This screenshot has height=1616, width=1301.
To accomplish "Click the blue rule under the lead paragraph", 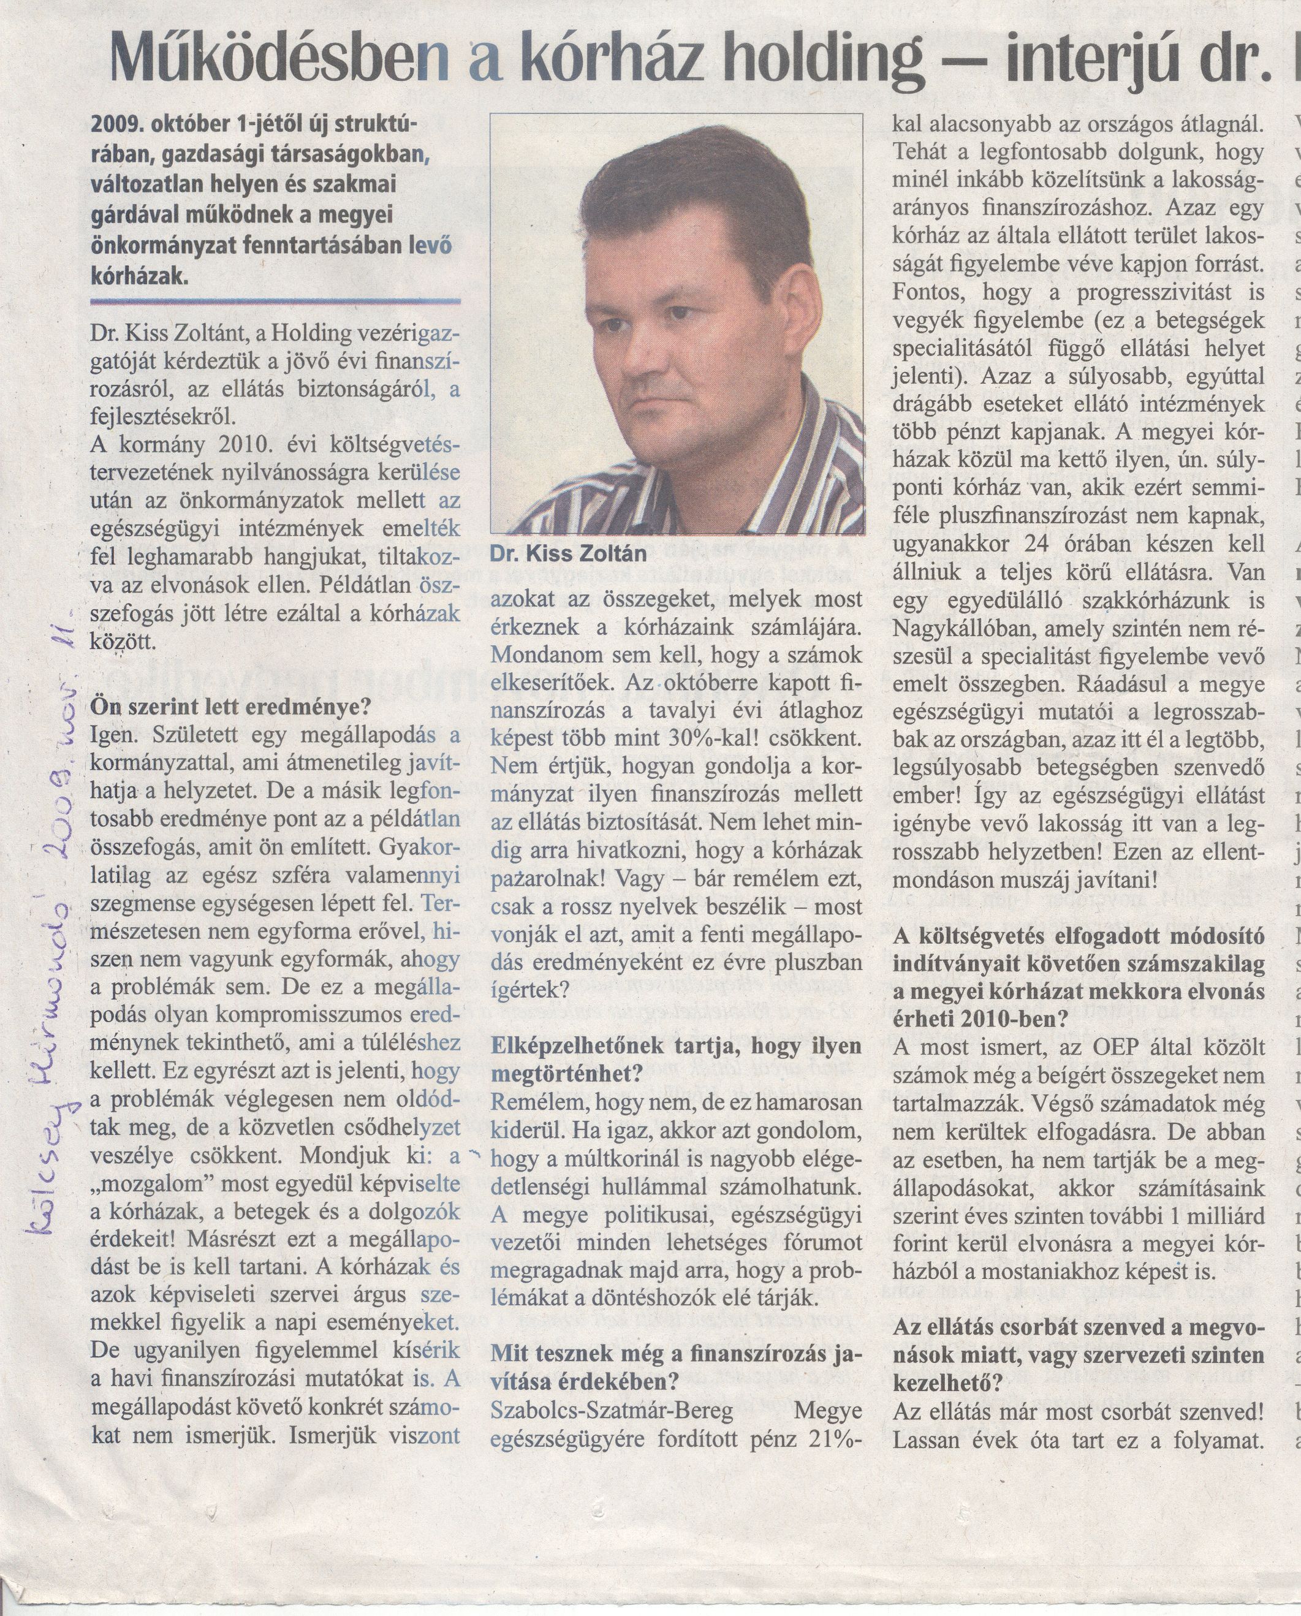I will coord(275,300).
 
